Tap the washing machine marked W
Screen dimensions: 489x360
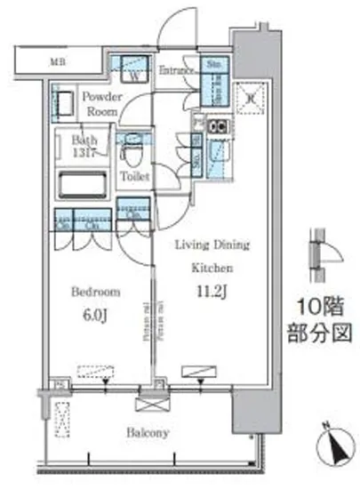pyautogui.click(x=132, y=68)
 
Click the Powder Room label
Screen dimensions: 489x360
pyautogui.click(x=103, y=103)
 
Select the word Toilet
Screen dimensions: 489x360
pyautogui.click(x=134, y=176)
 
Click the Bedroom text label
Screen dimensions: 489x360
pyautogui.click(x=92, y=291)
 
